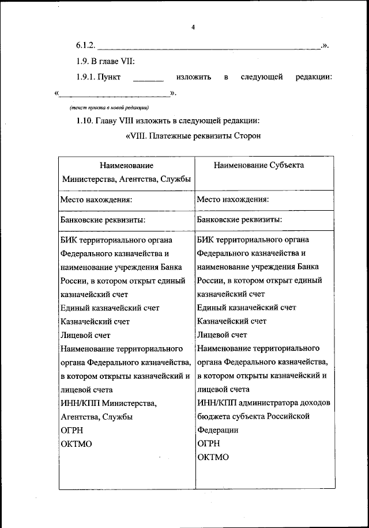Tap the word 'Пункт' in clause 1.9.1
tap(109, 77)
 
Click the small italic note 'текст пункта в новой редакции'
tap(109, 108)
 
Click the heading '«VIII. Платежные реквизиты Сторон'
tap(193, 136)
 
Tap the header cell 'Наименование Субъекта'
tap(259, 165)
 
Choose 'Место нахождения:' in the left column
tap(96, 200)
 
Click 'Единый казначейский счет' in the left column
tap(110, 308)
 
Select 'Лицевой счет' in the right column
tap(222, 335)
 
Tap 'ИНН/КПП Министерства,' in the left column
tap(108, 402)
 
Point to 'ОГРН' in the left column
tap(72, 430)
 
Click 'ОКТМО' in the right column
tap(212, 457)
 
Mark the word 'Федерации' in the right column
tap(217, 430)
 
